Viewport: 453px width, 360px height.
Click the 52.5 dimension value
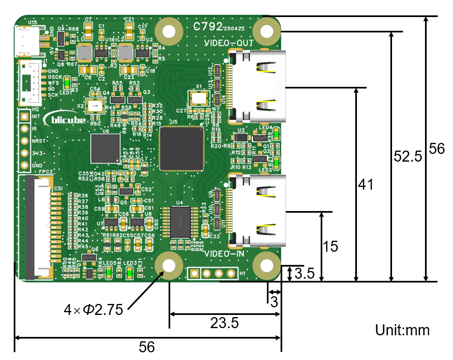point(408,157)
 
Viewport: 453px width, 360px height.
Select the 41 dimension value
point(365,185)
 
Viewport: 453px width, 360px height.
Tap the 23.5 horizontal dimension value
point(225,323)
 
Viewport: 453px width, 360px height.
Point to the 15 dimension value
point(331,247)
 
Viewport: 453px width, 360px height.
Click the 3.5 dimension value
point(305,273)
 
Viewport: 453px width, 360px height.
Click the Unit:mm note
point(402,330)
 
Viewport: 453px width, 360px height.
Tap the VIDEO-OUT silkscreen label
point(228,43)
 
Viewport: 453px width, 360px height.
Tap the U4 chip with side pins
point(178,222)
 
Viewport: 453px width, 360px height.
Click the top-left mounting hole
point(169,31)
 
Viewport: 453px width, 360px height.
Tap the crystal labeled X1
point(198,98)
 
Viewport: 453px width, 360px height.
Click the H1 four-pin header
point(212,273)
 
